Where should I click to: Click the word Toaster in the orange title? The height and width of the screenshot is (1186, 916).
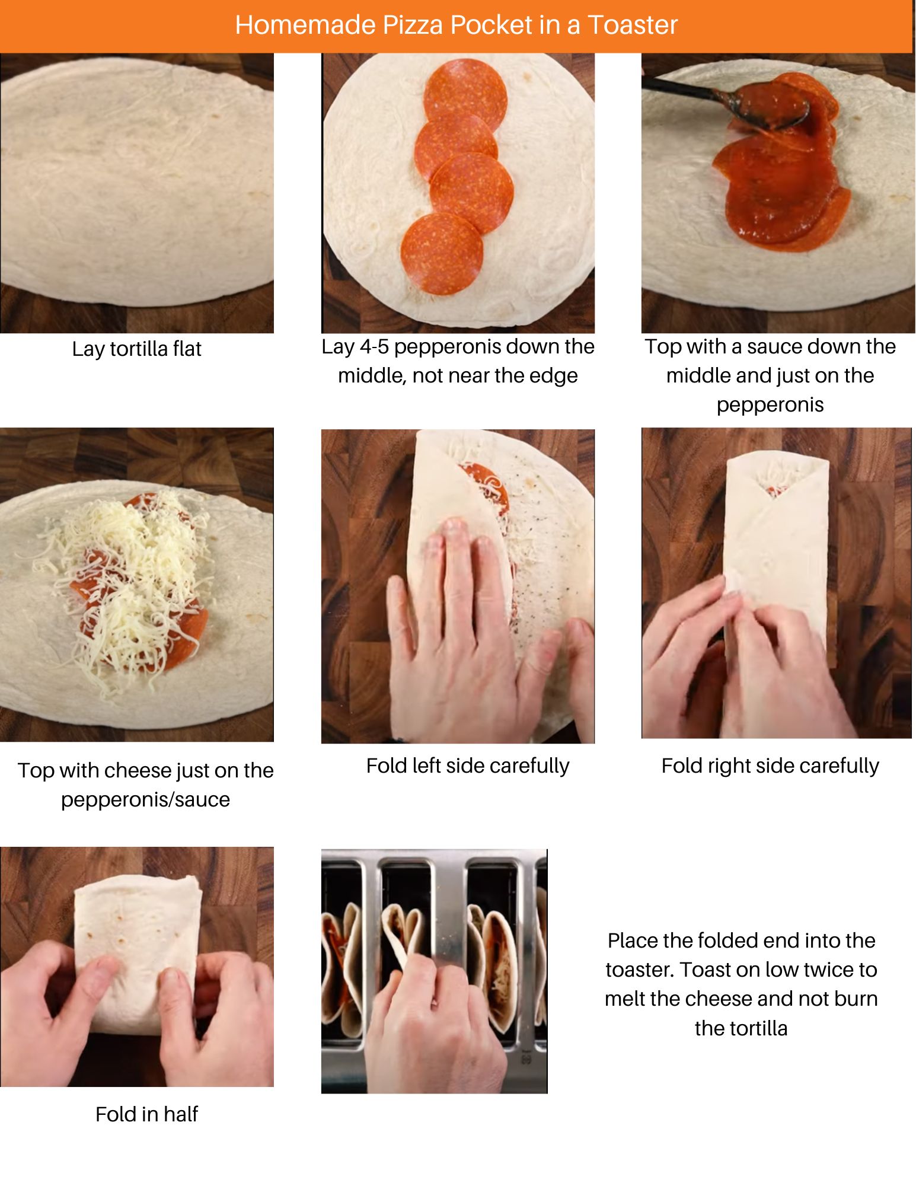(632, 25)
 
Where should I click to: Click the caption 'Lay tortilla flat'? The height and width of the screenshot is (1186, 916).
(136, 349)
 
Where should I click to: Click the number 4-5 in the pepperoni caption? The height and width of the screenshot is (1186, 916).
(371, 346)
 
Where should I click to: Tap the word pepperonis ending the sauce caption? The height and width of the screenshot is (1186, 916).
(770, 404)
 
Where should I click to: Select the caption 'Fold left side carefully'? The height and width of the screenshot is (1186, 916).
(467, 766)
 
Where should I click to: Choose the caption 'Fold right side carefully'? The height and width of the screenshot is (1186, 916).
(770, 766)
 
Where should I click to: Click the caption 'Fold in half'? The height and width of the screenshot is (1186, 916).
(146, 1114)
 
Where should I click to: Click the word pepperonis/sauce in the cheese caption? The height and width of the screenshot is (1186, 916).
(145, 799)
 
